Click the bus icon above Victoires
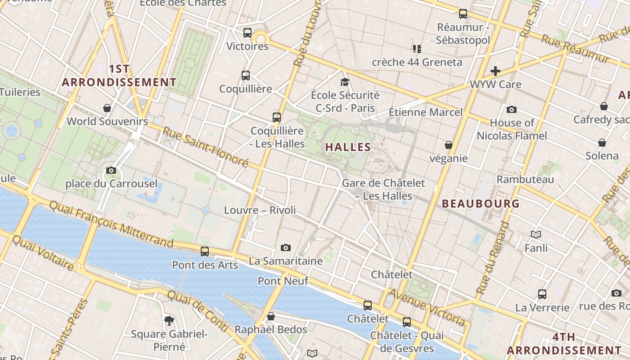pos(247,32)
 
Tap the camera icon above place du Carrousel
pos(111,170)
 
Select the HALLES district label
pos(348,147)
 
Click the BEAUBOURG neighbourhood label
pos(481,203)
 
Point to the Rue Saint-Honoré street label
pos(205,147)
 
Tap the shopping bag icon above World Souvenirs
pos(107,108)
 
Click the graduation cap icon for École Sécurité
pos(345,82)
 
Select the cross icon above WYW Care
pos(495,71)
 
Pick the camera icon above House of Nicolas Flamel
pos(512,109)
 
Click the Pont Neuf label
pos(283,281)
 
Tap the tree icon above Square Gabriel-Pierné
pos(169,320)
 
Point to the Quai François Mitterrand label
pos(111,224)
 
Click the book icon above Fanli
pos(536,234)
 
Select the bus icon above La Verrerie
pos(542,294)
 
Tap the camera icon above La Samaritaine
pos(285,247)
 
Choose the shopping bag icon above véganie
pos(449,145)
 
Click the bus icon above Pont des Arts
pos(205,251)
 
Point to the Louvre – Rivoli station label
pos(260,210)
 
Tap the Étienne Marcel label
pos(425,112)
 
